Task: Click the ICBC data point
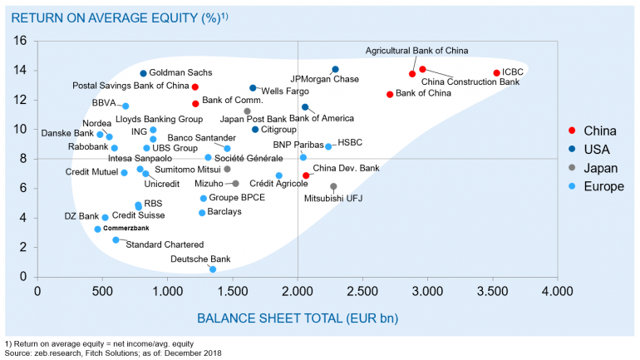(497, 73)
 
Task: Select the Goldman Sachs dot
(143, 74)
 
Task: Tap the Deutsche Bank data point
(213, 269)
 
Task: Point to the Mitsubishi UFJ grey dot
(333, 187)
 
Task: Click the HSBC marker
(328, 146)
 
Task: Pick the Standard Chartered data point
(116, 239)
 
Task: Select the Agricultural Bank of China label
(416, 51)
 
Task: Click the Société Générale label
(249, 158)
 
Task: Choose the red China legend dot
(572, 131)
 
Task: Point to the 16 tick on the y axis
(21, 41)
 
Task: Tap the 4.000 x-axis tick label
(556, 291)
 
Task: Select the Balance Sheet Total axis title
(295, 318)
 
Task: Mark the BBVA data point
(126, 106)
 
